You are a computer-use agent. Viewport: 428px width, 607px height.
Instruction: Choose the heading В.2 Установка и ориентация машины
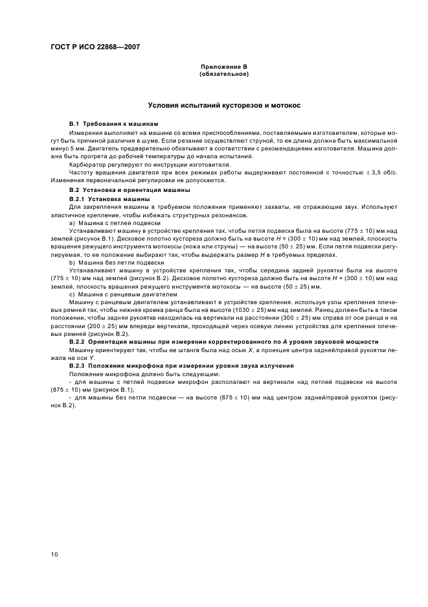(130, 190)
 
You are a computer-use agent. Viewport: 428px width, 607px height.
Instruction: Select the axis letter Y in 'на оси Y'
(93, 357)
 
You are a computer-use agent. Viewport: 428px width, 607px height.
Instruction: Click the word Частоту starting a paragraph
(82, 173)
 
